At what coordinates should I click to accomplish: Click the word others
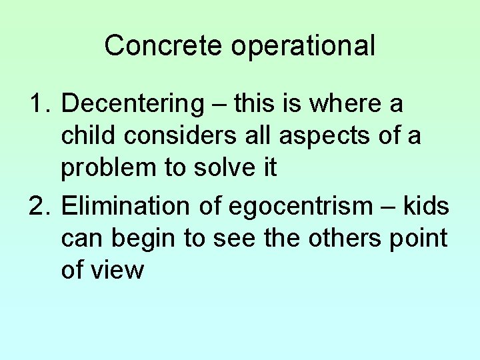pyautogui.click(x=344, y=239)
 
